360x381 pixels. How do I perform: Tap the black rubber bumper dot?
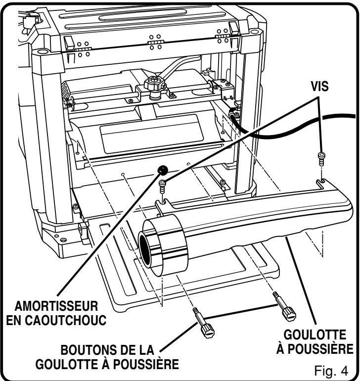161,170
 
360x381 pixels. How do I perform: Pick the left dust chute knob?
204,327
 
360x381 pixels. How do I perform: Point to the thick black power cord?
297,130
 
